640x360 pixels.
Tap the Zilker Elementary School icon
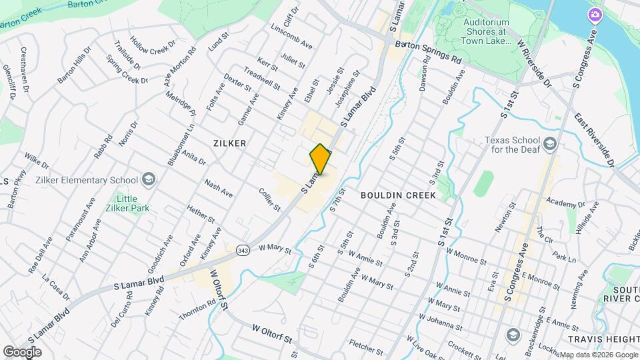point(148,179)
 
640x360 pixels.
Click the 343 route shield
point(242,250)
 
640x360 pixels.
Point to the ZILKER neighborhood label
point(230,143)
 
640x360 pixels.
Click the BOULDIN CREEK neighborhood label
point(398,195)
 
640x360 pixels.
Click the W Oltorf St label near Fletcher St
point(273,335)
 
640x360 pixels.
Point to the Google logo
point(22,351)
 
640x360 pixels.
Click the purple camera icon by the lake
point(594,15)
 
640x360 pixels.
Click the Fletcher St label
point(365,347)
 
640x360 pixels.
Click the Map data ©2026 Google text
point(597,355)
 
